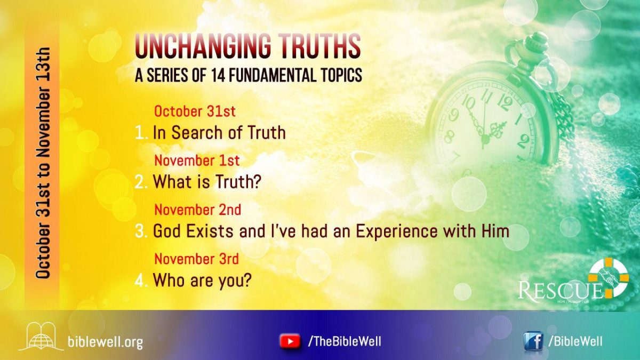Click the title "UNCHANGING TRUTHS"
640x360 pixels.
tap(248, 46)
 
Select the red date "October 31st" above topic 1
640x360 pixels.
tap(195, 112)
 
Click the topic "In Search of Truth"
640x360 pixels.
tap(219, 132)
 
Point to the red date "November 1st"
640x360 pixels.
tap(197, 161)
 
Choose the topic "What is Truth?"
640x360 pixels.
tap(207, 182)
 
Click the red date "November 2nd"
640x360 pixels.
tap(197, 210)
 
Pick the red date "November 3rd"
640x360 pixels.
tap(196, 259)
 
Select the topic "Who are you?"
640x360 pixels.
tap(202, 280)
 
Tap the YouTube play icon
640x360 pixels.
tap(290, 341)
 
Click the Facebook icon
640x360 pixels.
tap(533, 341)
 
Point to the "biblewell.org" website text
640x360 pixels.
tap(105, 341)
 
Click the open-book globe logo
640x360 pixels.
tap(41, 336)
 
